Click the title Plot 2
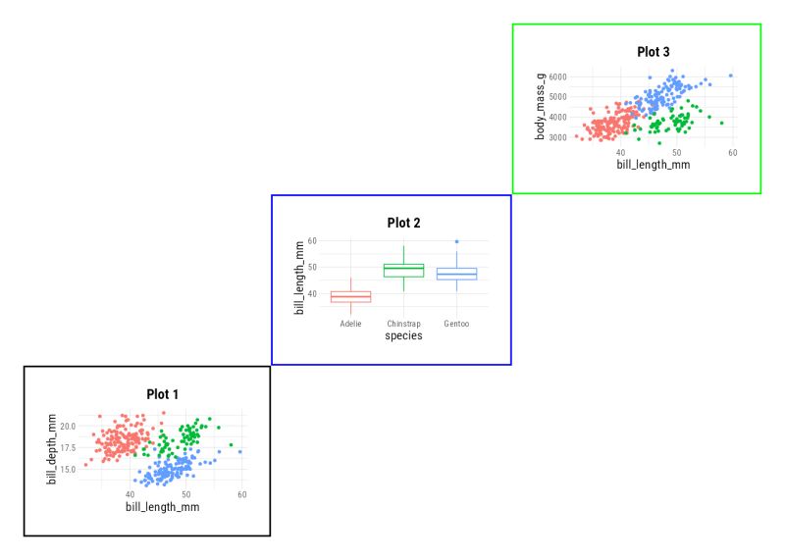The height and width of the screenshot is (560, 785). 403,223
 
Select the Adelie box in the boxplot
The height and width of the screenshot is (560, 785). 350,297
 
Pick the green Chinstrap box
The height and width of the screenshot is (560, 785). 403,271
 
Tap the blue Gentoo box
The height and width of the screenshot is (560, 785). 456,274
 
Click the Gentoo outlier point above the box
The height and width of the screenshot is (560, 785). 456,241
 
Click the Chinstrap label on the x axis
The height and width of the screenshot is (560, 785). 403,324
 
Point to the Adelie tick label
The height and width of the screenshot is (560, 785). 350,324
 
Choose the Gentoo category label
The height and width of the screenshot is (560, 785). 456,324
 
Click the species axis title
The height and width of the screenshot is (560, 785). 403,336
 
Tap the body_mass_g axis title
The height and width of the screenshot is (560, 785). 541,107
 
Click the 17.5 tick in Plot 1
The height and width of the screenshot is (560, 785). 67,448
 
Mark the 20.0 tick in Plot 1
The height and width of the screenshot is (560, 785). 67,427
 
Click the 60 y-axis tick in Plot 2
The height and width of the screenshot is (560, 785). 311,241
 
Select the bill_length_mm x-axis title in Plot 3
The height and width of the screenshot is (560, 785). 653,165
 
